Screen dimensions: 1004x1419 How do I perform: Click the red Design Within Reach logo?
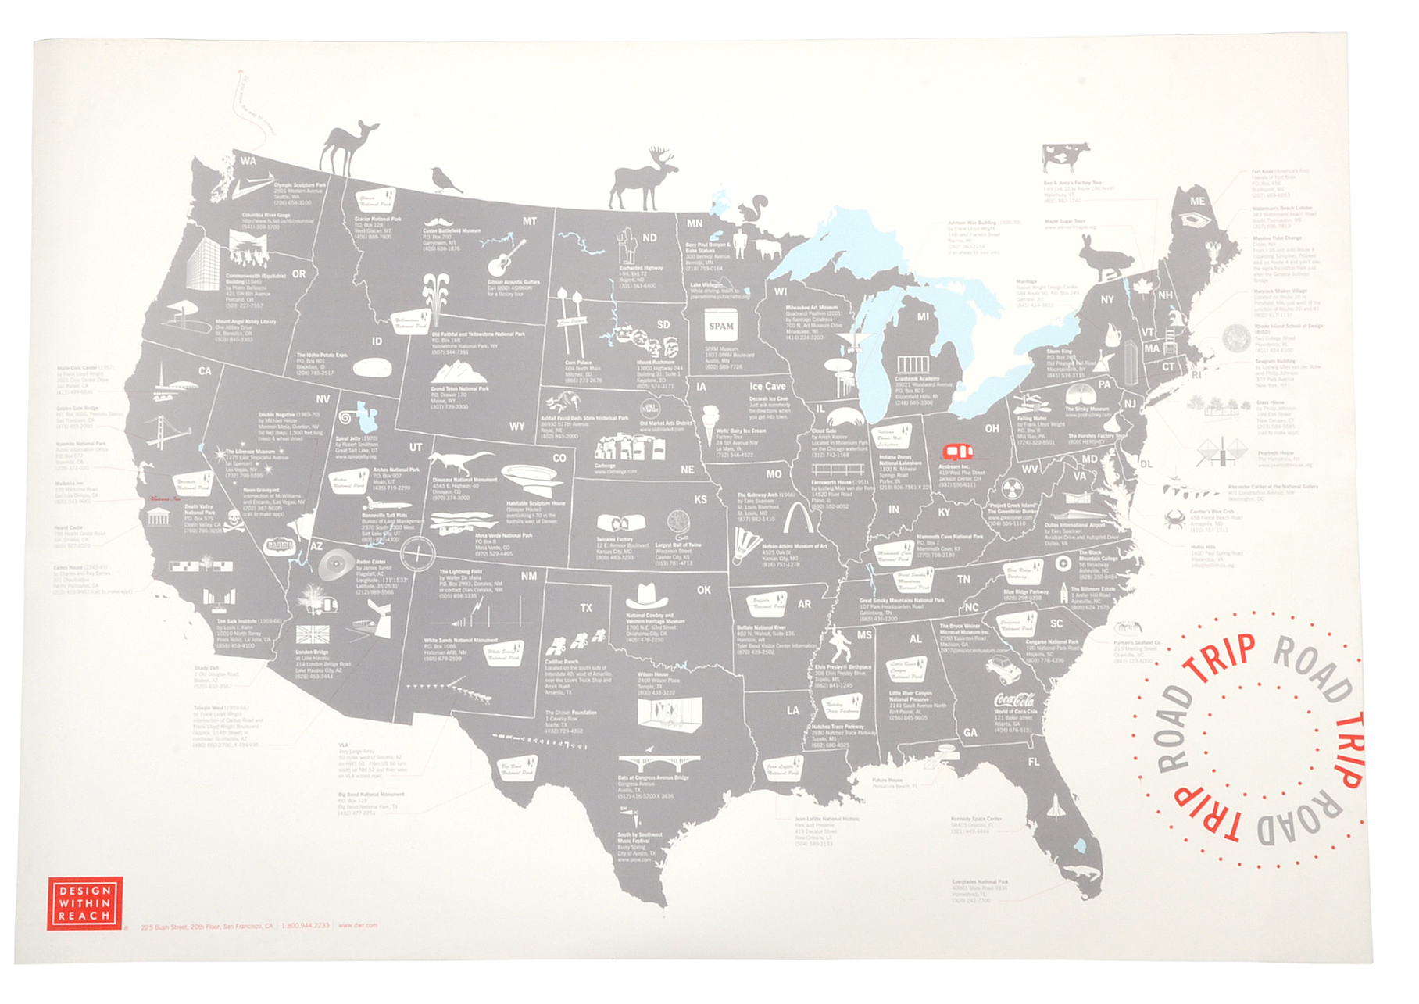coord(84,903)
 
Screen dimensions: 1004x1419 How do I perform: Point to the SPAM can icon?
coord(720,327)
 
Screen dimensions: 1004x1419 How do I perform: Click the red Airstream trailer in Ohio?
coord(957,452)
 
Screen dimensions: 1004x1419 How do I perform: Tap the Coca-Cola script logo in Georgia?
coord(1014,700)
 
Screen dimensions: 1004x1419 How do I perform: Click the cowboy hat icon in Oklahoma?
coord(647,596)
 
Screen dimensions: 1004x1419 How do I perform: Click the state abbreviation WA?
coord(248,161)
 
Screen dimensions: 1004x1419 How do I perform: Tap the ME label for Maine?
coord(1197,202)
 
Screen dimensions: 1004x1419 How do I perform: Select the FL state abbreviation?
coord(1034,762)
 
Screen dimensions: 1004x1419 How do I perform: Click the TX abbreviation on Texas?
coord(585,608)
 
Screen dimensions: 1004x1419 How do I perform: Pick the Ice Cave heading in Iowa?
coord(767,386)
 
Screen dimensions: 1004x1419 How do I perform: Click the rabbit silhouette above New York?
coord(1106,257)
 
